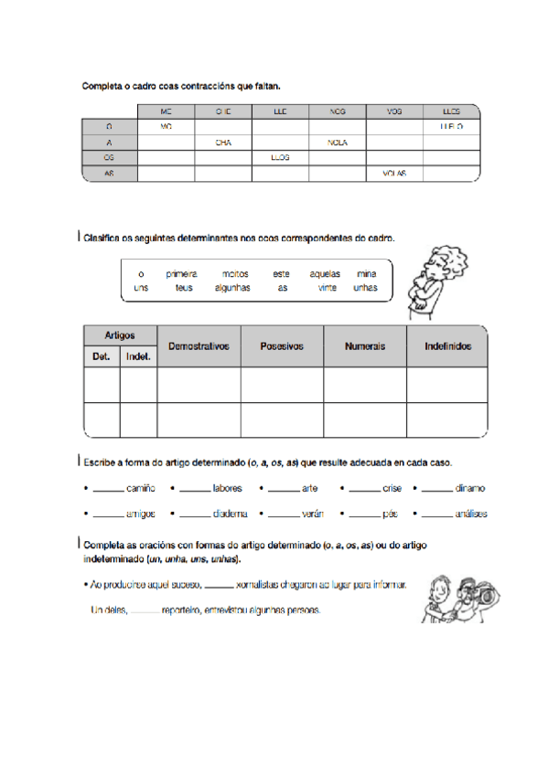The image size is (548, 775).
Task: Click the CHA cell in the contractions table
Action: point(223,143)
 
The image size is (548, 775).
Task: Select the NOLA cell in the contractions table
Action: point(337,143)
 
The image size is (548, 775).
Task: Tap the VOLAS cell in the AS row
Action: point(394,172)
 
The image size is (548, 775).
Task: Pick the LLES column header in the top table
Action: point(451,111)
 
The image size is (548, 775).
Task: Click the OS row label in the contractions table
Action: point(109,157)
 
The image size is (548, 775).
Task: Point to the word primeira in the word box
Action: point(181,273)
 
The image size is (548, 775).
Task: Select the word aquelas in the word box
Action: point(325,273)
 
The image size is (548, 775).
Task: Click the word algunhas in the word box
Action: point(232,288)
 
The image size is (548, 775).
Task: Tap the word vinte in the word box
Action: point(327,288)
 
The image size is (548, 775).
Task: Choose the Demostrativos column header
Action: point(199,346)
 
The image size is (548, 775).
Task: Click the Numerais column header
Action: point(364,346)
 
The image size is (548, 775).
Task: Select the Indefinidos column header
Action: point(447,346)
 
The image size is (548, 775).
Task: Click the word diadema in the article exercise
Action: point(231,515)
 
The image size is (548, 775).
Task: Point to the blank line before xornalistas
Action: point(218,586)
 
